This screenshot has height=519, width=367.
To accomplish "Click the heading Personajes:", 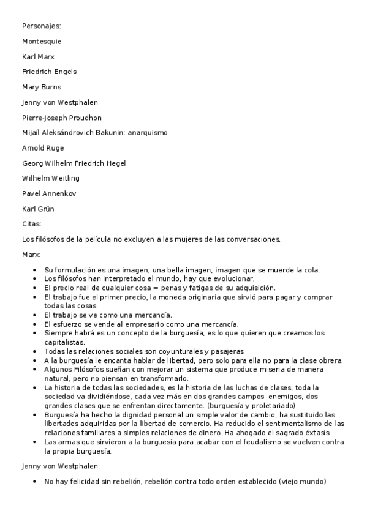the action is coord(42,26).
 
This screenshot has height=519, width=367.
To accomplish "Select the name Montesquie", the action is coord(42,41).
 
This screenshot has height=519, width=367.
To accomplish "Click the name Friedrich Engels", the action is coord(50,72).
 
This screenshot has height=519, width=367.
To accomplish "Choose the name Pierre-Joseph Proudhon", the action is coord(62,118).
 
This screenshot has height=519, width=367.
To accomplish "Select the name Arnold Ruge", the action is coord(43,148).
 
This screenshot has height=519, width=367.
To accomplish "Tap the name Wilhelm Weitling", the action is coord(51,179).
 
